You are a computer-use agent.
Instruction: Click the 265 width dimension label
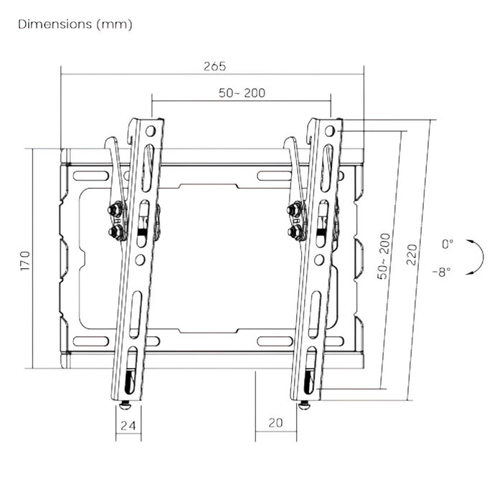click(214, 66)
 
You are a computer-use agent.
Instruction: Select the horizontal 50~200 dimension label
click(242, 93)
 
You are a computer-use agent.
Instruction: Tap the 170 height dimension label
click(25, 261)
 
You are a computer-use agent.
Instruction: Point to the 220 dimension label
click(412, 255)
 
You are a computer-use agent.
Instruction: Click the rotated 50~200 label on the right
click(384, 257)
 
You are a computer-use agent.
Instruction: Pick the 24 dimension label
click(128, 425)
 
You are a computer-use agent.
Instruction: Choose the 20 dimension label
click(275, 423)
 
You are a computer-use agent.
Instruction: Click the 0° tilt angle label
click(447, 244)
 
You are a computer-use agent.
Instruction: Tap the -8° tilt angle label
click(442, 273)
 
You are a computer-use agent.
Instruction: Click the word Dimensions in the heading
click(55, 24)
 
